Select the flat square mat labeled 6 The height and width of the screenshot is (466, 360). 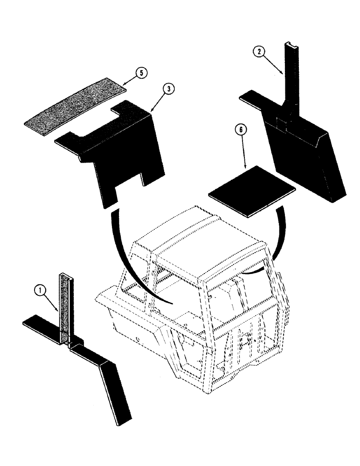tap(252, 189)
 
